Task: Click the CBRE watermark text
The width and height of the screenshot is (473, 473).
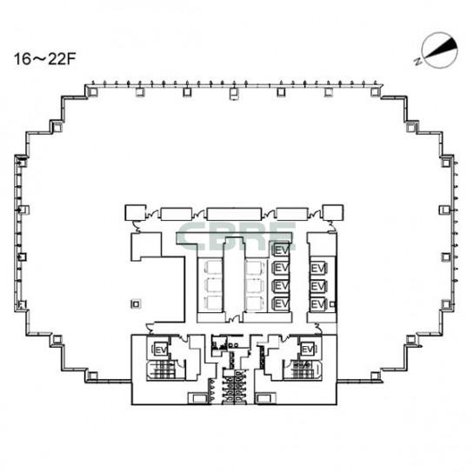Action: click(x=236, y=236)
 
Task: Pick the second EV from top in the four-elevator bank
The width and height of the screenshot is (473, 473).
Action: click(x=281, y=268)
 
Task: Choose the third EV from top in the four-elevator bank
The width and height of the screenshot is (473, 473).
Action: click(x=281, y=285)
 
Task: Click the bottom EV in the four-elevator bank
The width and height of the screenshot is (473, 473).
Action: click(x=281, y=303)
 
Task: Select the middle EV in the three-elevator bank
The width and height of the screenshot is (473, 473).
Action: click(x=317, y=286)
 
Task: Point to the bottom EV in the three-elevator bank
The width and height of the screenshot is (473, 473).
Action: click(x=317, y=303)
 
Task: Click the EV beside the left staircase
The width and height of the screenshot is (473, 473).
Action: click(x=160, y=349)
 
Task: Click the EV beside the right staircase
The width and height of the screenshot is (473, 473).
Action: click(x=306, y=349)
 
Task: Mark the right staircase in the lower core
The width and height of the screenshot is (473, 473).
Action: click(x=302, y=369)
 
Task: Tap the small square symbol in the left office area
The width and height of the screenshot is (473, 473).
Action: click(x=134, y=303)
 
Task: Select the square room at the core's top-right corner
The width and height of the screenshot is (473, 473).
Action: click(x=332, y=211)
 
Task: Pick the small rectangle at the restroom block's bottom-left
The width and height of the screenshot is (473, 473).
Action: click(x=199, y=398)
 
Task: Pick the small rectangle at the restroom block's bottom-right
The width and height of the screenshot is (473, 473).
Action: click(x=265, y=398)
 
